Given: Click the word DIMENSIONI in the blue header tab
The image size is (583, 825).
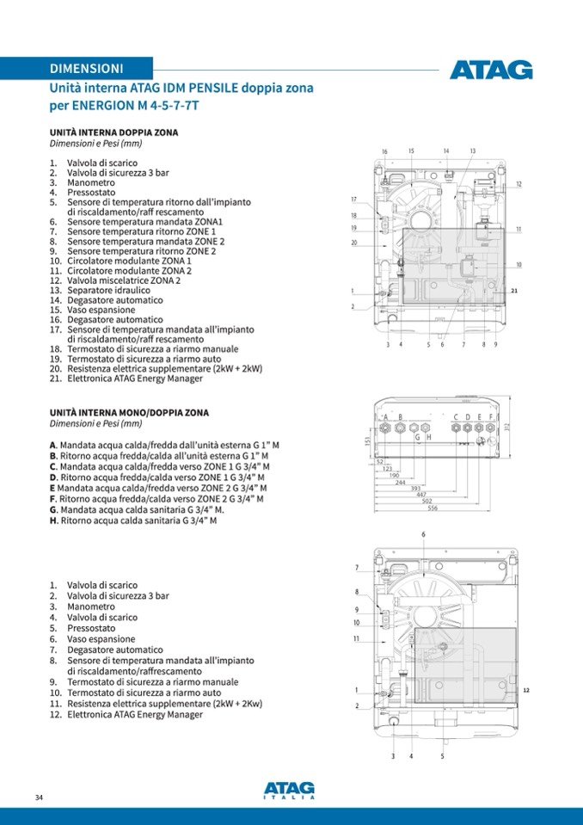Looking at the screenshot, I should click(x=86, y=68).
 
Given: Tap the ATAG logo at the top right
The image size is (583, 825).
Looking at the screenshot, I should click(x=490, y=70).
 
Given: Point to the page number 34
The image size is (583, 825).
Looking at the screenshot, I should click(x=39, y=797).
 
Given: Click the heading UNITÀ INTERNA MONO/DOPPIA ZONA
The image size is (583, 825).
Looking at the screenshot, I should click(x=129, y=413).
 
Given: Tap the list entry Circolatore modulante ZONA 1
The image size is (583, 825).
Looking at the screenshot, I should click(x=129, y=261).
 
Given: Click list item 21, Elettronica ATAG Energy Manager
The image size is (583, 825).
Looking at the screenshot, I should click(x=135, y=379).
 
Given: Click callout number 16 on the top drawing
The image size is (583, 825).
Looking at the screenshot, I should click(x=384, y=152).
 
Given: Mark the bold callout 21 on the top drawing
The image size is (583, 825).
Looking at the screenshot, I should click(x=513, y=292).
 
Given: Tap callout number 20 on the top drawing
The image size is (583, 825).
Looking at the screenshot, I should click(x=353, y=243).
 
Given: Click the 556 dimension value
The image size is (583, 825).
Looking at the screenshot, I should click(x=433, y=508).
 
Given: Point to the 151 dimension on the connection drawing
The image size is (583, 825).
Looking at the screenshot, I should click(x=367, y=440).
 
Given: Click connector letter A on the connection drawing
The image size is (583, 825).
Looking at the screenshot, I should click(x=387, y=416).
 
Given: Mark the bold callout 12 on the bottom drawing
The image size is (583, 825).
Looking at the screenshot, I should click(x=526, y=690).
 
